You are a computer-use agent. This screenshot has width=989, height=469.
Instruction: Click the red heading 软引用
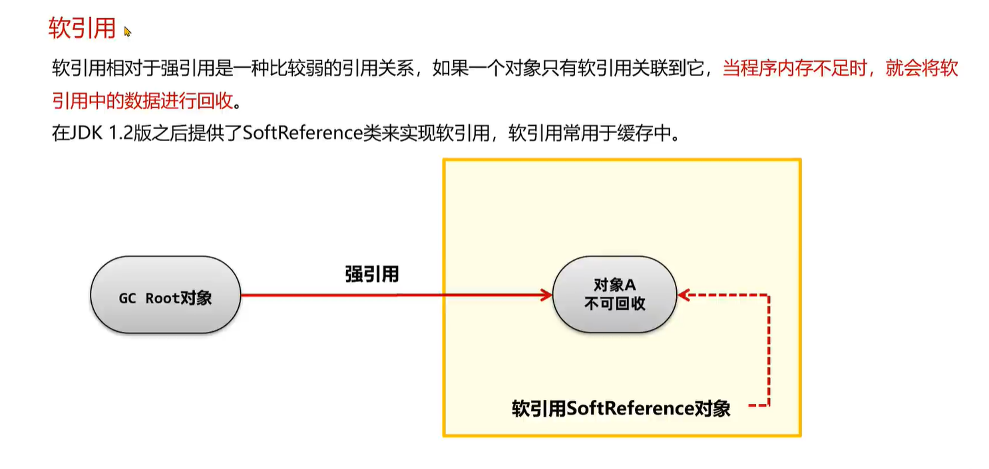click(83, 29)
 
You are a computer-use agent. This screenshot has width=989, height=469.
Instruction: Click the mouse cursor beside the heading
click(127, 31)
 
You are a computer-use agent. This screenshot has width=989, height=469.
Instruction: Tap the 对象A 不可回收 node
click(614, 295)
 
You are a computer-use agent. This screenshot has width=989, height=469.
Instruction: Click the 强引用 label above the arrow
click(371, 273)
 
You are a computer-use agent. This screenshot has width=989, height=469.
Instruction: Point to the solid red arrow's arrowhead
click(548, 295)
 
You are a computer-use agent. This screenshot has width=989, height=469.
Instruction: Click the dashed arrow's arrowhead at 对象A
click(683, 295)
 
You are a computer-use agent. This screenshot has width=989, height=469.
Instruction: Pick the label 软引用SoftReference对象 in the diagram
click(620, 408)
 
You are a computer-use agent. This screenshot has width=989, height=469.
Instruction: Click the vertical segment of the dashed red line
click(769, 349)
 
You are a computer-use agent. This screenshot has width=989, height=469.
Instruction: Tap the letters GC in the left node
click(127, 298)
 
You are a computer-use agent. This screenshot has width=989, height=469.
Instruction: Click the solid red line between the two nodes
click(393, 295)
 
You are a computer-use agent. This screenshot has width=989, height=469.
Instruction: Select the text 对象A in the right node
click(614, 285)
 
